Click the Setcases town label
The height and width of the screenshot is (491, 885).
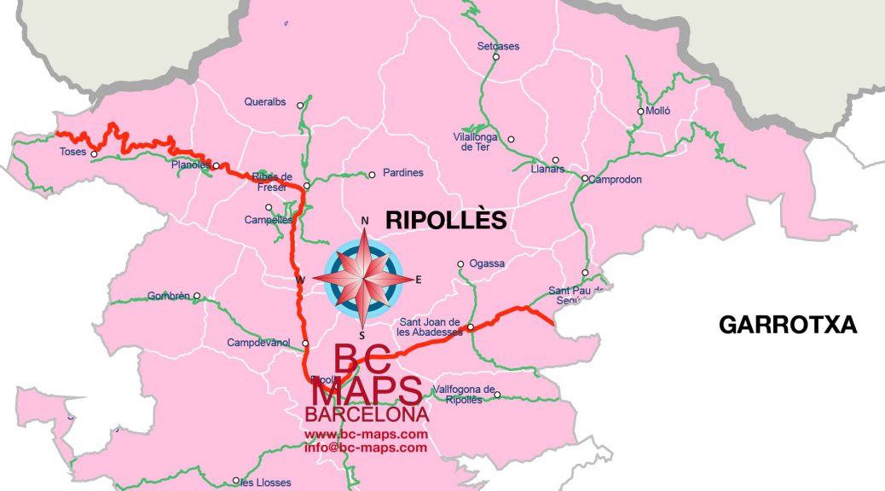(x=498, y=47)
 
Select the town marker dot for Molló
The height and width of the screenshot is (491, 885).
(x=640, y=112)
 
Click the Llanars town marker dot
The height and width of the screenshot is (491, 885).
(x=555, y=159)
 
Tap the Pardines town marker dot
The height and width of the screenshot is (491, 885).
(x=371, y=175)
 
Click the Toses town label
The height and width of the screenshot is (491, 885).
(x=72, y=153)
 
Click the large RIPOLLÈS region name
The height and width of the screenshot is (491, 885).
(x=446, y=220)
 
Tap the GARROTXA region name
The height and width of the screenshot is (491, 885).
(x=787, y=325)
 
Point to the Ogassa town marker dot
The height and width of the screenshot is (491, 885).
(x=460, y=263)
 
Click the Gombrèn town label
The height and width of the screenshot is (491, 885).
(x=169, y=297)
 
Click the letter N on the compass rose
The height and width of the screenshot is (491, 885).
(x=365, y=222)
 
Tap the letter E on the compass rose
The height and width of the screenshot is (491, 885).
(x=418, y=280)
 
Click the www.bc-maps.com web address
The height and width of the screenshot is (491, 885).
(x=366, y=435)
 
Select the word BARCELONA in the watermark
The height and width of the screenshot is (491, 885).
(x=366, y=415)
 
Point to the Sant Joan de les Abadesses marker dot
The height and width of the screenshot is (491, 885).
(x=470, y=326)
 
